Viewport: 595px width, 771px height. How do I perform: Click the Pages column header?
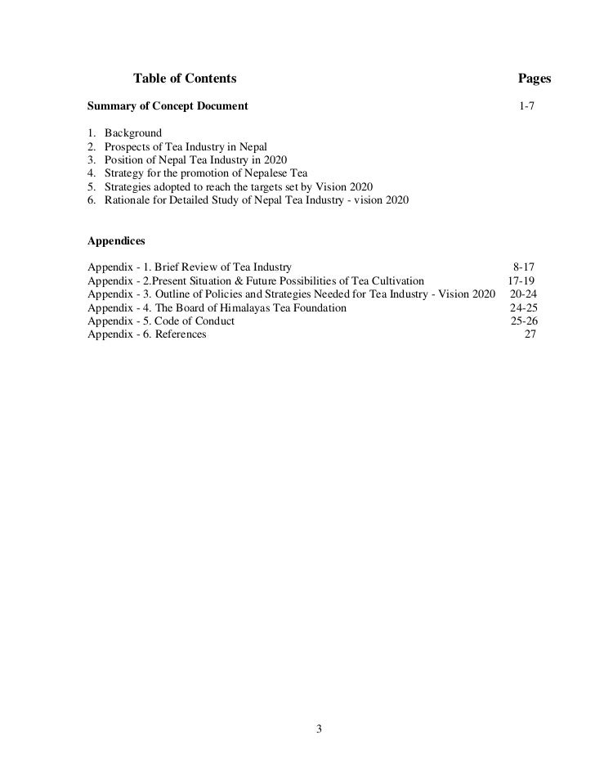coord(535,78)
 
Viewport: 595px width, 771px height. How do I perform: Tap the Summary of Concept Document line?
coord(168,106)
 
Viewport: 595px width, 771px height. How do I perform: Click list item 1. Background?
coord(124,133)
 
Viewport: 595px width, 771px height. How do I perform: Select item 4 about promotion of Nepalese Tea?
coord(197,173)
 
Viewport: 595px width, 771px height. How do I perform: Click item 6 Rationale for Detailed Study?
coord(248,199)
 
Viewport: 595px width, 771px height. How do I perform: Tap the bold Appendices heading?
coord(116,241)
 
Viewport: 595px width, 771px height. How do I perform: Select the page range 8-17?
coord(524,267)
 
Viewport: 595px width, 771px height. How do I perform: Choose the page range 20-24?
coord(524,294)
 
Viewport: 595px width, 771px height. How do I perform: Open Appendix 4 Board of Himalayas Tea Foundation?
coord(217,307)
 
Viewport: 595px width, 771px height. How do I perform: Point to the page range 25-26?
coord(524,321)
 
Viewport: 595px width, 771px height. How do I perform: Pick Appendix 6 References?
coord(147,334)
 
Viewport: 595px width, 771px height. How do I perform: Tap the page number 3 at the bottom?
coord(320,728)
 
